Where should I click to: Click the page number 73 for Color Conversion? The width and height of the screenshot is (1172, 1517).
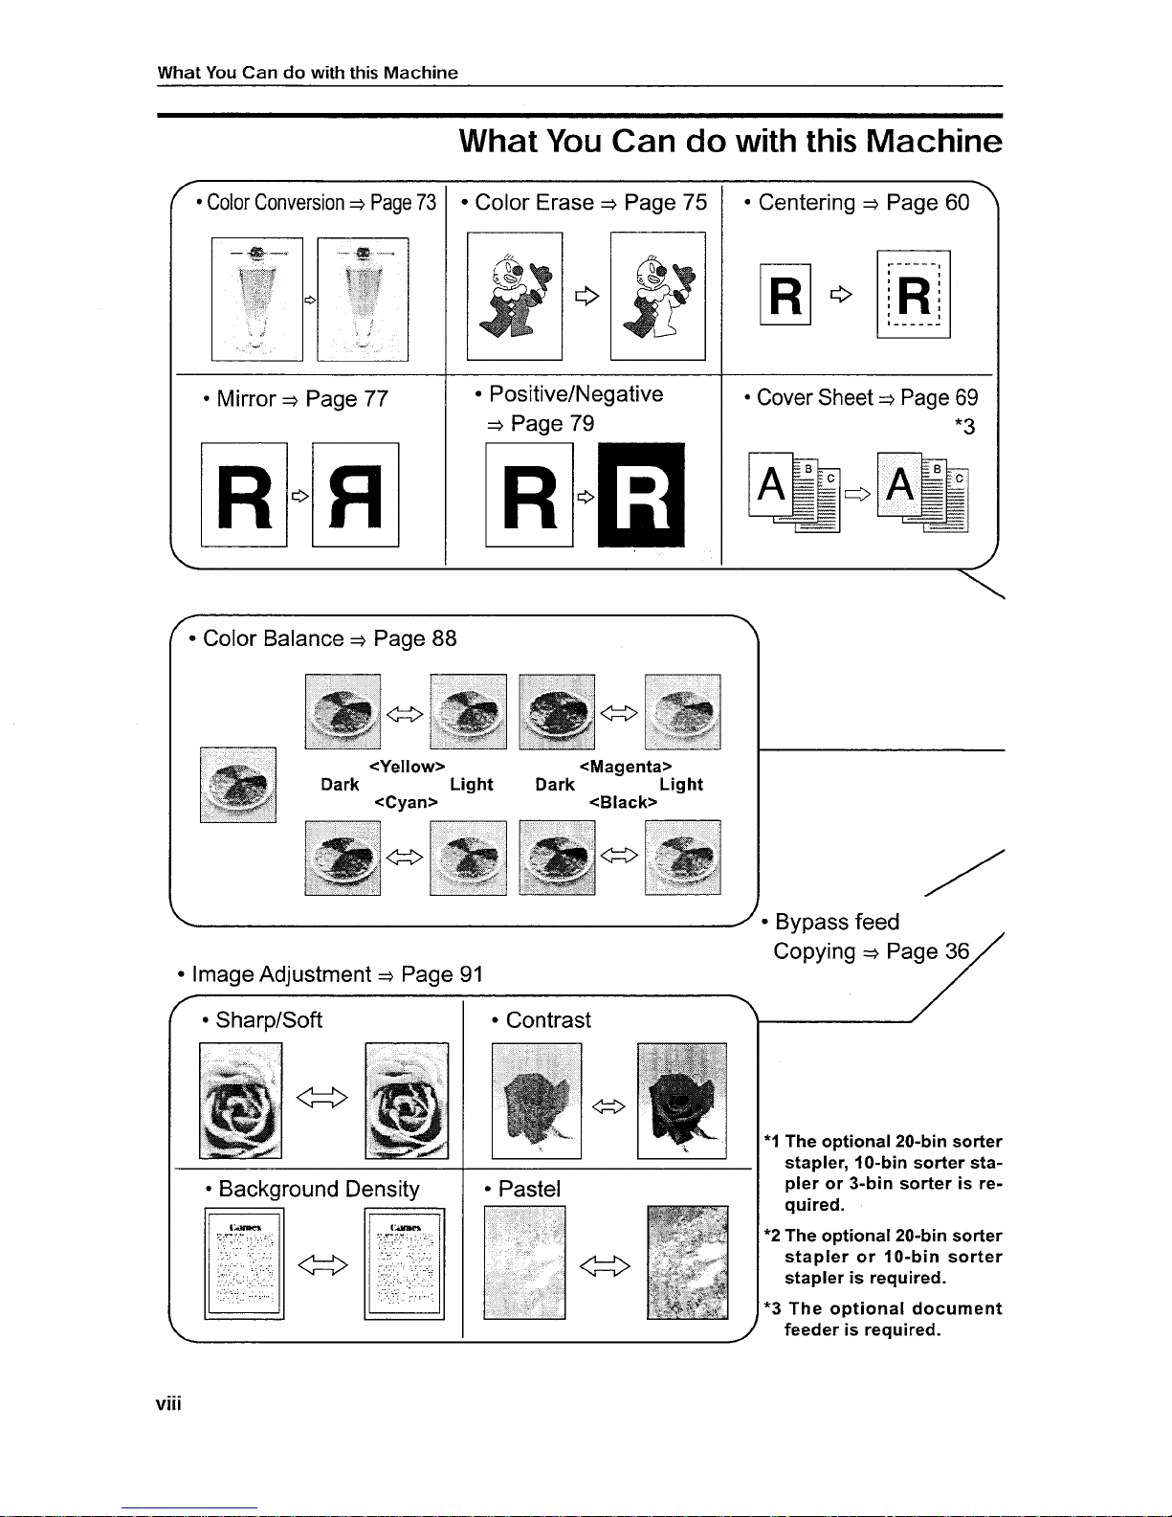(425, 203)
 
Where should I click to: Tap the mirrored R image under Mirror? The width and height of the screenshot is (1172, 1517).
(355, 495)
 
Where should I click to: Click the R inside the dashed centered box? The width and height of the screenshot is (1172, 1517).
(914, 294)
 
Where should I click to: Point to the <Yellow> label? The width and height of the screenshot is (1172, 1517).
(407, 767)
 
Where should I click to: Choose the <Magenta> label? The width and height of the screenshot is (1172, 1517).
(626, 767)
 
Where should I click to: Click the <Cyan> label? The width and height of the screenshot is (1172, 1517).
(406, 802)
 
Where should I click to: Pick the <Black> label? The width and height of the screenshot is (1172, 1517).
(624, 802)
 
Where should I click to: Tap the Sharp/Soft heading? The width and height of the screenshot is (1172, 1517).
(269, 1020)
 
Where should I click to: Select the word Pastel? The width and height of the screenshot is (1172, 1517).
(529, 1189)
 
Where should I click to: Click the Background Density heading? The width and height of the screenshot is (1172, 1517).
(319, 1189)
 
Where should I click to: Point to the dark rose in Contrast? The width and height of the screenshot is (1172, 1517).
(681, 1100)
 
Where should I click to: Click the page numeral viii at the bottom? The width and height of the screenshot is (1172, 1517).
(168, 1404)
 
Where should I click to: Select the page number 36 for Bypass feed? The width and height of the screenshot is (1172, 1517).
(957, 951)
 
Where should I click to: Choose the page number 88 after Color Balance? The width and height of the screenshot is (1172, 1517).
(444, 638)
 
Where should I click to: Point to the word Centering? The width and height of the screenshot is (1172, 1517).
(807, 203)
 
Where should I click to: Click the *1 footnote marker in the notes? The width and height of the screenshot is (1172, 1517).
(772, 1141)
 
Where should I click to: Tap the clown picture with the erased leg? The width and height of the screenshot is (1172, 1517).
(657, 297)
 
